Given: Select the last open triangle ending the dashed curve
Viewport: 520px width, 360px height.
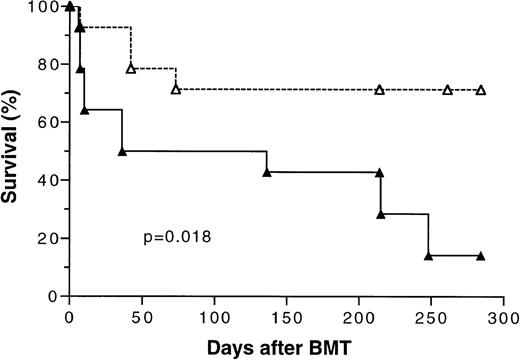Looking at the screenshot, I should tap(481, 90).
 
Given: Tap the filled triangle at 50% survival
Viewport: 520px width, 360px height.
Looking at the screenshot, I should tap(122, 151).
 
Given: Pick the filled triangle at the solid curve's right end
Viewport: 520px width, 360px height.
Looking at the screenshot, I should tap(481, 256).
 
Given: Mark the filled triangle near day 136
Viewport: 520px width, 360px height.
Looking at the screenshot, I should tap(266, 172).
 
